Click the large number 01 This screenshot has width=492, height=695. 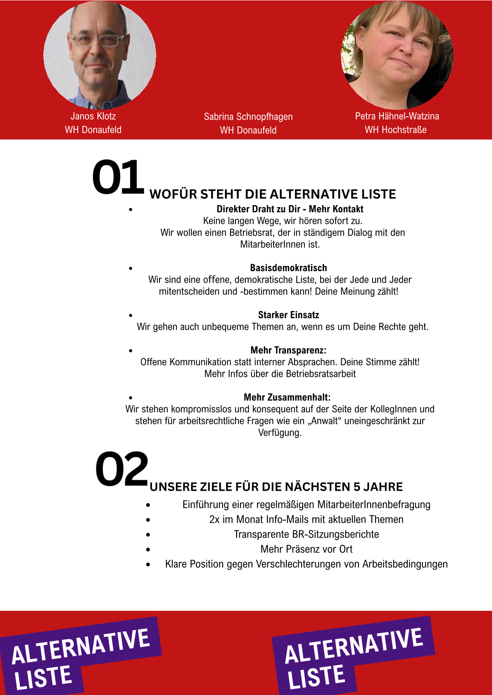pyautogui.click(x=118, y=177)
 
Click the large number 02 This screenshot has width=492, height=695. pyautogui.click(x=121, y=469)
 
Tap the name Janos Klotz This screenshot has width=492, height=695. pyautogui.click(x=93, y=116)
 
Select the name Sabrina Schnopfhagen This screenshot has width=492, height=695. pyautogui.click(x=248, y=117)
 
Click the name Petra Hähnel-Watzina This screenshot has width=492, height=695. pyautogui.click(x=397, y=116)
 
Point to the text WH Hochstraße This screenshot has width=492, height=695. pyautogui.click(x=395, y=130)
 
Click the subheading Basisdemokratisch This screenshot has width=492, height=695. pyautogui.click(x=288, y=268)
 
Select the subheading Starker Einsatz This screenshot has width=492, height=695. pyautogui.click(x=288, y=315)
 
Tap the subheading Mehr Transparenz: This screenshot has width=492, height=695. pyautogui.click(x=288, y=350)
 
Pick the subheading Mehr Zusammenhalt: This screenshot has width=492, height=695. pyautogui.click(x=287, y=397)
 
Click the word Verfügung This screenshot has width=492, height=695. pyautogui.click(x=280, y=433)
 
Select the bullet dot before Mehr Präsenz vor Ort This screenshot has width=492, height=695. pyautogui.click(x=148, y=549)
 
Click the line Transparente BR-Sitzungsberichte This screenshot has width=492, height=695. pyautogui.click(x=306, y=534)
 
